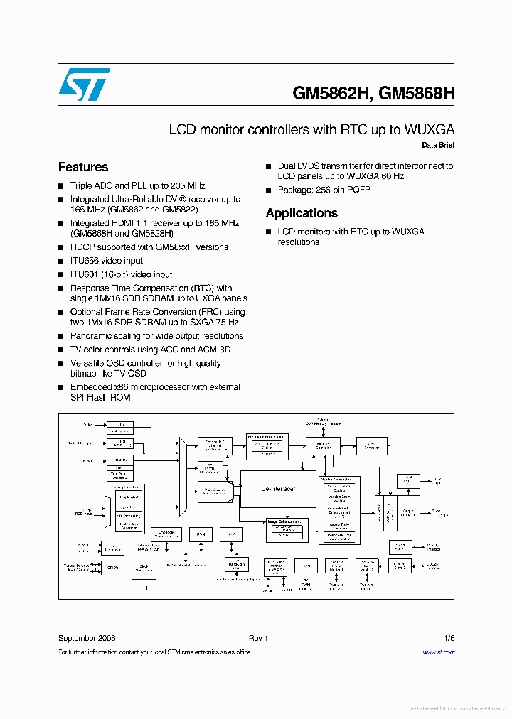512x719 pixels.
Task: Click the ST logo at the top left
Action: pos(84,85)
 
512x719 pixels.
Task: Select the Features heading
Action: pos(83,168)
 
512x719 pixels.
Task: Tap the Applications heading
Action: pos(302,213)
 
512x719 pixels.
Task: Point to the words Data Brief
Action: pos(437,145)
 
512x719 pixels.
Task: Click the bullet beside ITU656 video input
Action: pos(61,261)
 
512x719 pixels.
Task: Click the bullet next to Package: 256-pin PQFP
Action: pos(269,190)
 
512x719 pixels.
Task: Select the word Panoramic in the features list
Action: pos(91,336)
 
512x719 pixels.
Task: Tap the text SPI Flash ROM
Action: pos(100,397)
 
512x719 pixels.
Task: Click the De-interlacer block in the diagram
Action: pos(278,489)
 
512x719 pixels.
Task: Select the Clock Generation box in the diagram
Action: pos(144,567)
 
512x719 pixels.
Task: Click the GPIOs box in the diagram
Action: pos(112,567)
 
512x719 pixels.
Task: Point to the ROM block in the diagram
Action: pos(201,534)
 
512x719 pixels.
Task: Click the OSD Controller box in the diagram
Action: pos(367,445)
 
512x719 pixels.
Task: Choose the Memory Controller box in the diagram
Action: pos(324,445)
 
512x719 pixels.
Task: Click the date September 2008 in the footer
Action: pos(87,638)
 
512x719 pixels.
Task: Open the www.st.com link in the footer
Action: pos(438,652)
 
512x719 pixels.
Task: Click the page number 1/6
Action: pos(449,638)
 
